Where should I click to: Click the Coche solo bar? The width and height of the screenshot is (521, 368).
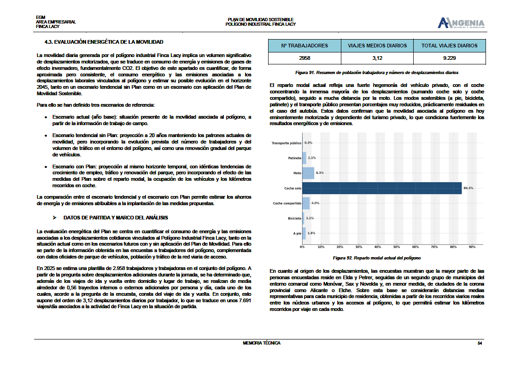coord(382,188)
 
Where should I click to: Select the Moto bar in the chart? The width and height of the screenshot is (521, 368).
coord(308,173)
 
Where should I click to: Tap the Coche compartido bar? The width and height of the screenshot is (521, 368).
coord(306,203)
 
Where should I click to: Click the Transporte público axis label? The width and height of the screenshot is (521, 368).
coord(287,143)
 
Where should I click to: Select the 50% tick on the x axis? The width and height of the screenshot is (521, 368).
coord(397,247)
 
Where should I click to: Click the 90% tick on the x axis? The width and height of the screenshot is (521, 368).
coord(472,247)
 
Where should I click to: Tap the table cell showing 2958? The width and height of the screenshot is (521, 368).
coord(304,58)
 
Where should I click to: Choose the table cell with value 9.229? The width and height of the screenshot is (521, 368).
coord(449,58)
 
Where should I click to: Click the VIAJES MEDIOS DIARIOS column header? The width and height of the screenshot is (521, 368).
coord(377,46)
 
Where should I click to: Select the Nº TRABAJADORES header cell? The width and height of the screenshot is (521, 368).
coord(304,46)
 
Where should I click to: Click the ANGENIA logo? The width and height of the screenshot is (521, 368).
coord(461,23)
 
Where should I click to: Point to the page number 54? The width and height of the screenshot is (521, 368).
coord(480,343)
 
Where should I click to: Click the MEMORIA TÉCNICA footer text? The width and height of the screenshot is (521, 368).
coord(261,343)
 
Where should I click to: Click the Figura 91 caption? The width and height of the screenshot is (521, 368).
coord(377,73)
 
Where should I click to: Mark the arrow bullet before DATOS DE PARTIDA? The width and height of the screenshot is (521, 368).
coord(54,218)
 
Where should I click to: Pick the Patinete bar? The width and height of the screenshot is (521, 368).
coord(304,158)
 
